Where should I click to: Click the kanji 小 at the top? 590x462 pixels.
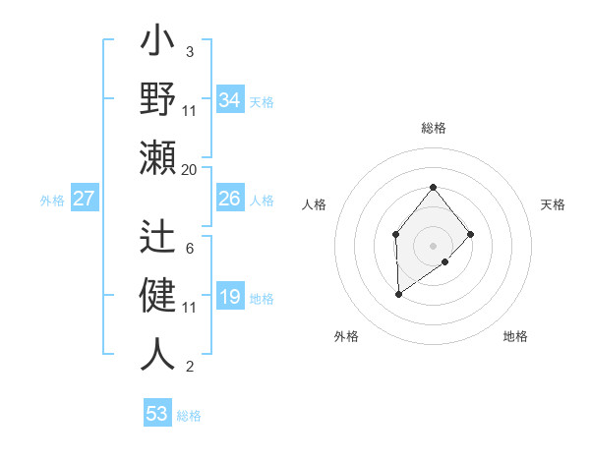coord(157,46)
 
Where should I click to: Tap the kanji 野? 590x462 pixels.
coord(157,100)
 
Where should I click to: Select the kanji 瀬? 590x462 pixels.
coord(157,156)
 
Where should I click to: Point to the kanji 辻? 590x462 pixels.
coord(157,238)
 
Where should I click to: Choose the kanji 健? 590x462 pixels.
coord(157,295)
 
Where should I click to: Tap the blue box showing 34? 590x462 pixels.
coord(229,101)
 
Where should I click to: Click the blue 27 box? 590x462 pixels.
coord(84,200)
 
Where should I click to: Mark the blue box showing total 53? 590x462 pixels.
coord(157,414)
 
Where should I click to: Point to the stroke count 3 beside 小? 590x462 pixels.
coord(189,51)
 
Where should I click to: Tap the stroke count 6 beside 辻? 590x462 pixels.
coord(189,249)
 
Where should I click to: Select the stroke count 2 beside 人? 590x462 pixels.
coord(189,368)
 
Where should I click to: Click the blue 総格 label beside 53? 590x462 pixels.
coord(189,416)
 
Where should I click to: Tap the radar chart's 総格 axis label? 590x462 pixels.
coord(433,128)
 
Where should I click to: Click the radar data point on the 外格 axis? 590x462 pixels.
coord(398,294)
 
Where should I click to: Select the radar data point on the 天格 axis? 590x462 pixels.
coord(471,234)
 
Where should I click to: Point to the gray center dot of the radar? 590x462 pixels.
coord(433,245)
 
